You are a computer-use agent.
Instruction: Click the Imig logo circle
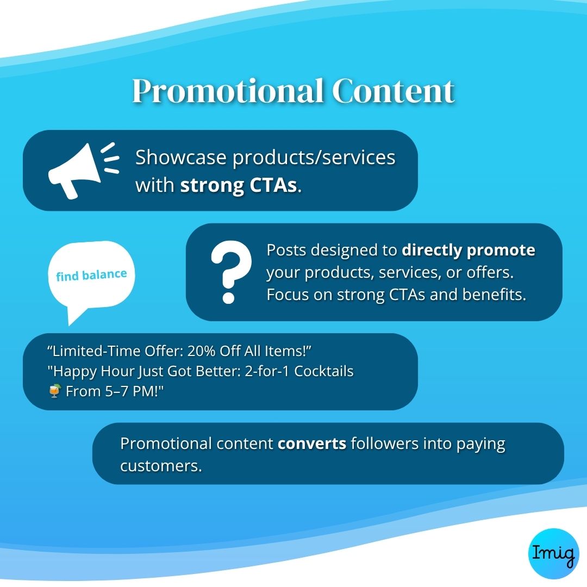coord(553,553)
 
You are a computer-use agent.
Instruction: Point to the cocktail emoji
coord(55,391)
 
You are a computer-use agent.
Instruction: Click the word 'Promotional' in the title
coord(228,91)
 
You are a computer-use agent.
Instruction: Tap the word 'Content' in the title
coord(393,91)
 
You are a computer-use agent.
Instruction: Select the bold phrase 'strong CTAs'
coord(239,185)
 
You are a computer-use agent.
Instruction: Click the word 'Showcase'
coord(180,157)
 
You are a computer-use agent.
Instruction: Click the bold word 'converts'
coord(312,444)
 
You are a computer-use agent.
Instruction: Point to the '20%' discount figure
coord(201,351)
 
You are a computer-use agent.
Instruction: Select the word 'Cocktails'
coord(324,371)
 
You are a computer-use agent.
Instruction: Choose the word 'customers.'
coord(161,466)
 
